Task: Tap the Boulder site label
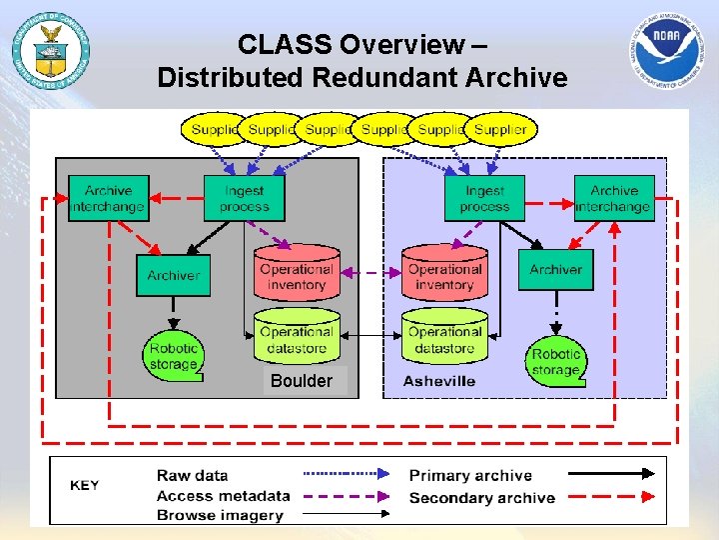tap(301, 381)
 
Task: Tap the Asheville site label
tap(438, 381)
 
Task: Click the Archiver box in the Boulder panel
tap(173, 275)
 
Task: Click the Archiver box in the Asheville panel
tap(555, 269)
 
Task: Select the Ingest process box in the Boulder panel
tap(244, 198)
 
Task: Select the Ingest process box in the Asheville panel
tap(484, 198)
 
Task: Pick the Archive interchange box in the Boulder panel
tap(108, 198)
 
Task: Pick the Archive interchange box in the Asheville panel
tap(613, 198)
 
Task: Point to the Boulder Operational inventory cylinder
tap(297, 276)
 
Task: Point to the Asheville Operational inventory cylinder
tap(444, 276)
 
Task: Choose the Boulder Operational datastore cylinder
tap(297, 339)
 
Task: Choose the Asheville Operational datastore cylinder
tap(444, 339)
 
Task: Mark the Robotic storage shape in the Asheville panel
tap(556, 361)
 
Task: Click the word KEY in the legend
tap(84, 485)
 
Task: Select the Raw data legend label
tap(192, 475)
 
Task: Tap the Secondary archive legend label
tap(481, 498)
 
